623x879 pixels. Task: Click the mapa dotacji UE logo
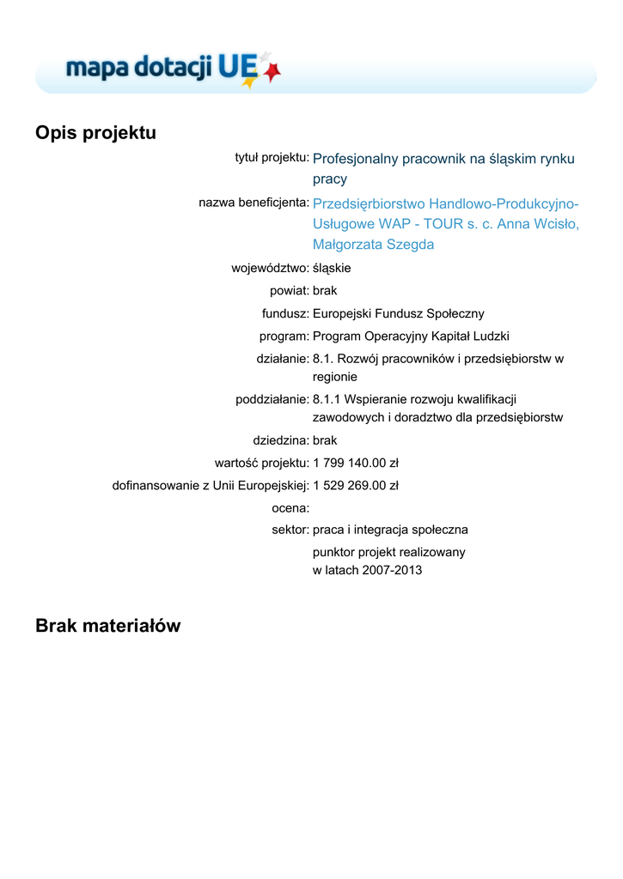(173, 68)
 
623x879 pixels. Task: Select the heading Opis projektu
(95, 133)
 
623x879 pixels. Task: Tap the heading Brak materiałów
(108, 626)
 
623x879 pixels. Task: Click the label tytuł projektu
(272, 157)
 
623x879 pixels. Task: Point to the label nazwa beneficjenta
(253, 203)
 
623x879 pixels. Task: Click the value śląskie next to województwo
(332, 268)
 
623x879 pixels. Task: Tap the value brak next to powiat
(325, 291)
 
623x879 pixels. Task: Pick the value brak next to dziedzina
(325, 440)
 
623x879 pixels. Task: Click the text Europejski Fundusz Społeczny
(398, 314)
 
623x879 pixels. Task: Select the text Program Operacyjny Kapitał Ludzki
(411, 336)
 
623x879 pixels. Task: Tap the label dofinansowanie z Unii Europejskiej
(211, 486)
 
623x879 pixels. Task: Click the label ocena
(290, 508)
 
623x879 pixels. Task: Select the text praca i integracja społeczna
(390, 530)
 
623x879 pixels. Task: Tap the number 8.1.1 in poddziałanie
(326, 399)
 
